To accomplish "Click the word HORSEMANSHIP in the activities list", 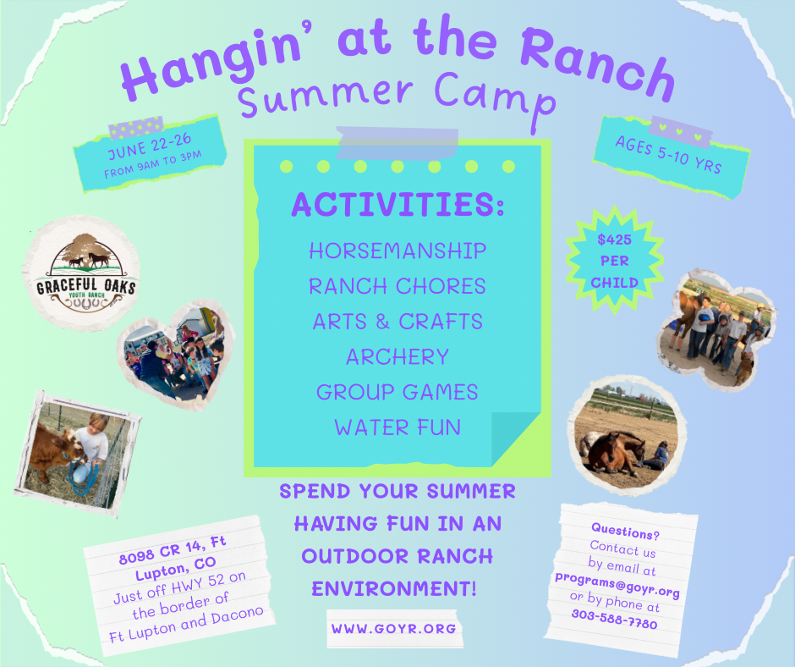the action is click(397, 251).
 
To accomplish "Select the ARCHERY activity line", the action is click(397, 357).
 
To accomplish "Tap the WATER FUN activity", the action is click(397, 427).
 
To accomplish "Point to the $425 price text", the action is click(614, 240).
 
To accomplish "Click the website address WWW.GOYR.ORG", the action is click(394, 628).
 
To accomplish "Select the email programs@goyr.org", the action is click(617, 584).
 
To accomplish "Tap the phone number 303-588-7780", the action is click(615, 619).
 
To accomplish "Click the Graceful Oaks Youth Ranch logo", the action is click(81, 273).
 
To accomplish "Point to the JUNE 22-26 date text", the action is click(149, 146).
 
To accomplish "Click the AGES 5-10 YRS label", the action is click(668, 154).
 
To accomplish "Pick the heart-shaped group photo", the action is click(176, 354).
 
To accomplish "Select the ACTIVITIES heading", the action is click(398, 205).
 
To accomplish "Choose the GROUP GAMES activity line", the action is click(397, 393).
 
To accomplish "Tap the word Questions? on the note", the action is click(625, 532).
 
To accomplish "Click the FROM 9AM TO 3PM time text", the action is click(152, 164).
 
